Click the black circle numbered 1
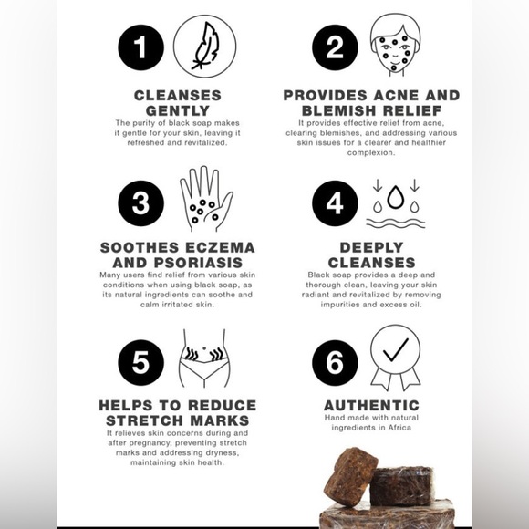[x=140, y=47]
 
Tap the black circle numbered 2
[x=335, y=47]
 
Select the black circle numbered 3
[x=140, y=203]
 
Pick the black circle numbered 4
[x=335, y=203]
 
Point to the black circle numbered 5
[x=140, y=362]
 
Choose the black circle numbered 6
[x=335, y=362]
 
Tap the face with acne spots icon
[x=395, y=45]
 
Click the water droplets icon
[x=396, y=204]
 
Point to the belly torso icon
[x=204, y=358]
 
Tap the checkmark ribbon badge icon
[x=396, y=357]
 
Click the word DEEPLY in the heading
[x=371, y=247]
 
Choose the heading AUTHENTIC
[x=371, y=406]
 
